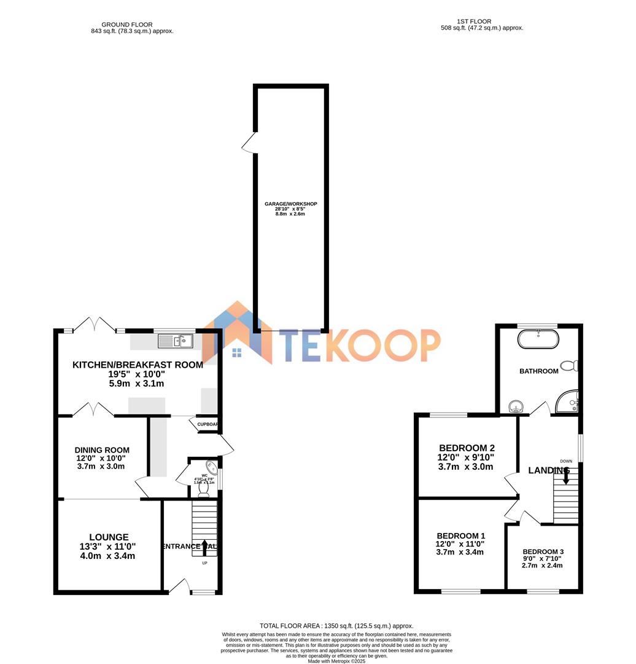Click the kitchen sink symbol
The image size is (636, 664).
pyautogui.click(x=176, y=341)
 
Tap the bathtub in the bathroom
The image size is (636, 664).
pyautogui.click(x=538, y=339)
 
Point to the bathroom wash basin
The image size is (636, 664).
pyautogui.click(x=517, y=406)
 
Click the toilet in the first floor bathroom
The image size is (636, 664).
pyautogui.click(x=569, y=366)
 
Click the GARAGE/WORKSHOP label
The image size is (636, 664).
pyautogui.click(x=290, y=204)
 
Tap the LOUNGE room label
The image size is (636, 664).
pyautogui.click(x=108, y=537)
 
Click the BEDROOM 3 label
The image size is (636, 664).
pyautogui.click(x=543, y=551)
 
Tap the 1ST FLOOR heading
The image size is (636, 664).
pyautogui.click(x=474, y=22)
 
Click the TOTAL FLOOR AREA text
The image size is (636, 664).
pyautogui.click(x=336, y=625)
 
